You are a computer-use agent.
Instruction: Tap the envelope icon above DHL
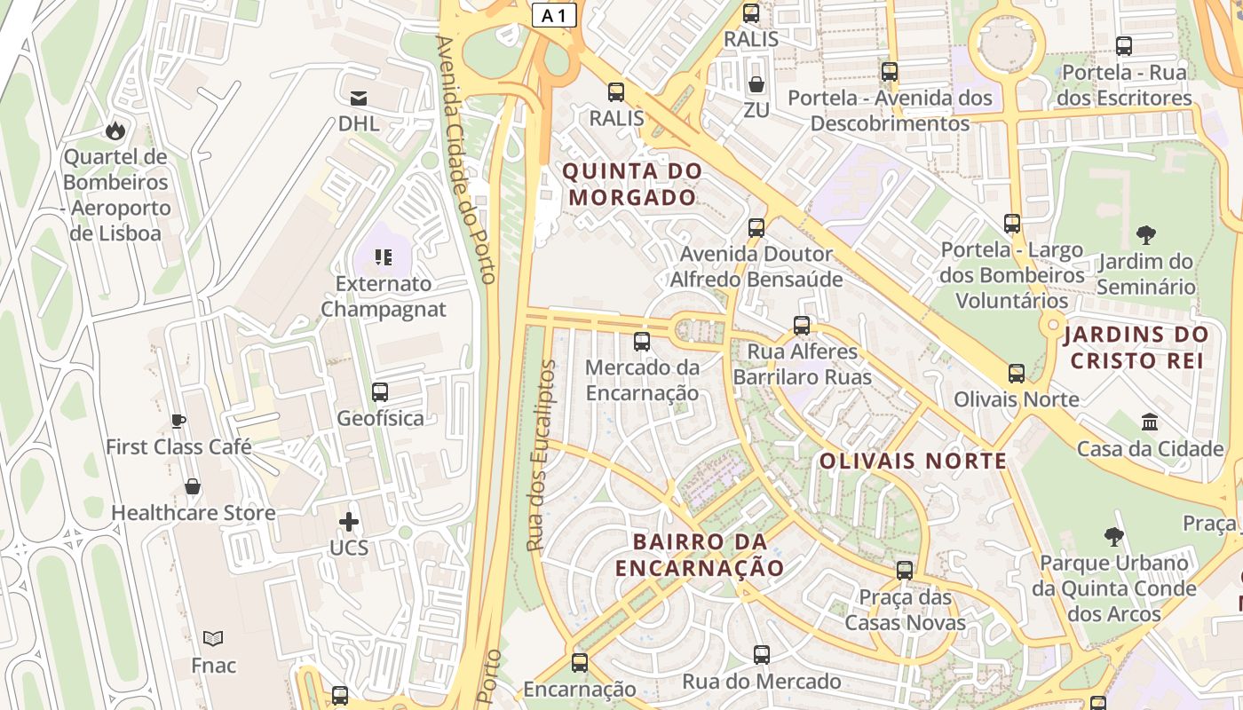(x=359, y=98)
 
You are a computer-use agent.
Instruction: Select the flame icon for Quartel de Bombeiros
(x=115, y=131)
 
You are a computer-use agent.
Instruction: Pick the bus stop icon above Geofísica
(x=380, y=392)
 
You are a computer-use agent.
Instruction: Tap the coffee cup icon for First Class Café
(x=178, y=421)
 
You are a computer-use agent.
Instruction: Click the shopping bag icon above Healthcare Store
(x=193, y=486)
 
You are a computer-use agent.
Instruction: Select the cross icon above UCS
(x=349, y=521)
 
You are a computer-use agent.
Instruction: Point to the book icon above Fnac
(x=213, y=638)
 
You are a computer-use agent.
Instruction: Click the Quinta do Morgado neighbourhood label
(x=633, y=184)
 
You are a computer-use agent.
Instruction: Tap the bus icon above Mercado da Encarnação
(x=642, y=342)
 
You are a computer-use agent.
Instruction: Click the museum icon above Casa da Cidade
(x=1150, y=422)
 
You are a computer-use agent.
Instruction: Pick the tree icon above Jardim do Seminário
(x=1146, y=235)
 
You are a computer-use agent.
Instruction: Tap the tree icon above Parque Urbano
(x=1114, y=537)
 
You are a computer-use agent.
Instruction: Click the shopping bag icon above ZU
(x=756, y=84)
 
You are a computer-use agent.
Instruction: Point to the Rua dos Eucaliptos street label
(x=541, y=455)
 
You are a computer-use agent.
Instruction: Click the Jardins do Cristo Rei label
(x=1136, y=347)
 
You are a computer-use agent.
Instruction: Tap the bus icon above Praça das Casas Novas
(x=905, y=571)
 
